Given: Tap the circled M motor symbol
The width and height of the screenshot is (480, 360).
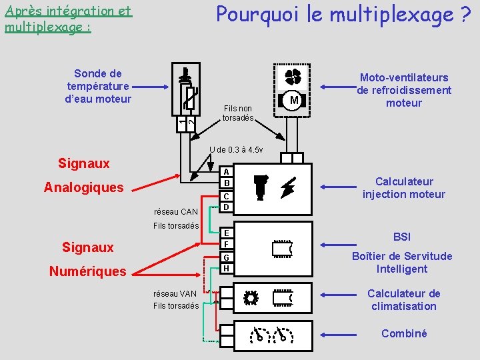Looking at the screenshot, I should (x=293, y=101).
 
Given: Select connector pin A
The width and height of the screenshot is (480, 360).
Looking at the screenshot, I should (x=227, y=171).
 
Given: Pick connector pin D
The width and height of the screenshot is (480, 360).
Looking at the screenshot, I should (x=227, y=207).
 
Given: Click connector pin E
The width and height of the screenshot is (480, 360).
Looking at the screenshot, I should (x=227, y=233).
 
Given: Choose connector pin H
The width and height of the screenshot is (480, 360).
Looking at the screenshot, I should (x=227, y=268).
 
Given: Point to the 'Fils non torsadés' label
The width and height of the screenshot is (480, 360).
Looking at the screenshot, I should (x=238, y=113).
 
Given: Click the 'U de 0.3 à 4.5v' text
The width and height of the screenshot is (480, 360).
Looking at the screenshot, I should (x=237, y=149).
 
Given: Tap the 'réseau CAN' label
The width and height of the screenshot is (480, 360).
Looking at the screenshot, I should (x=175, y=212).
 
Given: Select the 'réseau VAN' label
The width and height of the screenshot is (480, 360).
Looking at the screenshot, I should (x=175, y=293).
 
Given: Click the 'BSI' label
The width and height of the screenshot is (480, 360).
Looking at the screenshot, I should (x=403, y=237).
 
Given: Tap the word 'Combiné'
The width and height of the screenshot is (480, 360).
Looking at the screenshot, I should (x=404, y=333).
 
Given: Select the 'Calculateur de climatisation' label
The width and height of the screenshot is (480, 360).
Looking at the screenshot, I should (x=404, y=300).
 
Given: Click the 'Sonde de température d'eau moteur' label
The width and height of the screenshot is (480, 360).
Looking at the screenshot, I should (x=98, y=86).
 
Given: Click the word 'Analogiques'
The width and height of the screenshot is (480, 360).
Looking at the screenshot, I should (x=84, y=187).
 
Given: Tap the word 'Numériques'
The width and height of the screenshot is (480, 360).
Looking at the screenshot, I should (x=88, y=271).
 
